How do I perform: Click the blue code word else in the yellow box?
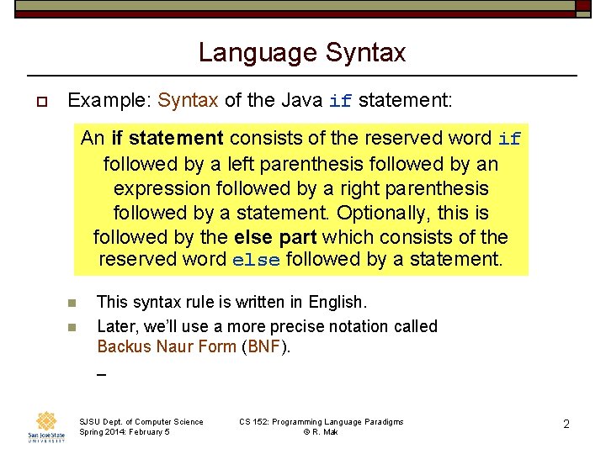click(x=256, y=261)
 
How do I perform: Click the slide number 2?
click(x=566, y=425)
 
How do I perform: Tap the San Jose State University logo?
click(x=47, y=426)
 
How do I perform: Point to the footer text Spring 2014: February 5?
click(x=124, y=432)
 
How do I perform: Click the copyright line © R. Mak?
click(x=321, y=432)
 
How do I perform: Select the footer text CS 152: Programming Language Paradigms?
click(x=321, y=422)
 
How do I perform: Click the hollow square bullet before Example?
click(x=40, y=102)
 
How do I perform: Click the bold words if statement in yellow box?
click(x=167, y=138)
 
